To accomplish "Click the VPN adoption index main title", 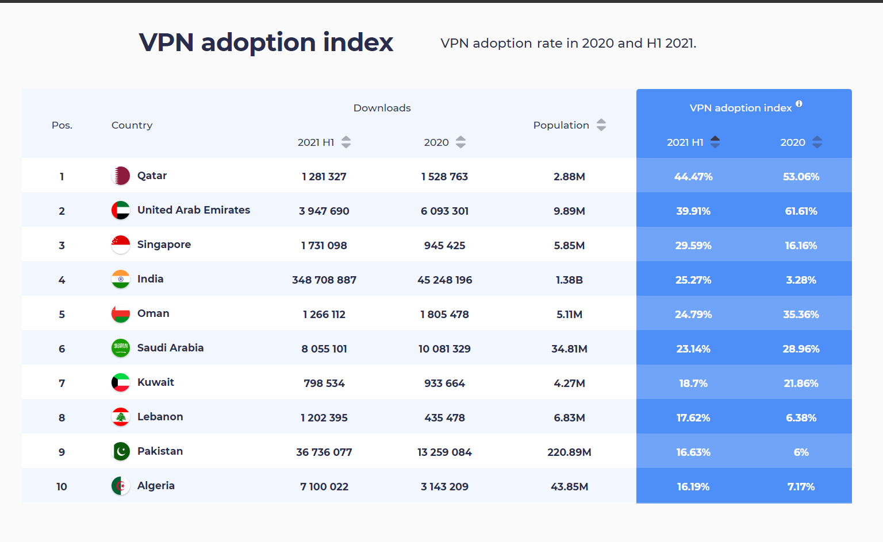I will [266, 42].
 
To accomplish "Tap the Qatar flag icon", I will [121, 176].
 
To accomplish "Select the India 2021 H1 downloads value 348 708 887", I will [324, 280].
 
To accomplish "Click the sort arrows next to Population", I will [601, 125].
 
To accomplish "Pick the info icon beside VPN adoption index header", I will [799, 104].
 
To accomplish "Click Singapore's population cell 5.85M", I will [569, 245].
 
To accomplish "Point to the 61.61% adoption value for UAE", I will [801, 211].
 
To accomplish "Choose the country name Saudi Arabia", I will [170, 348].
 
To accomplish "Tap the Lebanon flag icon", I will [121, 417].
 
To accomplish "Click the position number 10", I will [62, 486].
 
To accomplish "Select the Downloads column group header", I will [382, 108].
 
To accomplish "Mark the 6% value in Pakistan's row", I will [801, 452].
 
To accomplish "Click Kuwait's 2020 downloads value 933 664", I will [444, 383].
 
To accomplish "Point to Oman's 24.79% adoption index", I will [693, 314].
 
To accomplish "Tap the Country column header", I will [132, 125].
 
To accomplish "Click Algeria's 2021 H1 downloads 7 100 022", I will [324, 486].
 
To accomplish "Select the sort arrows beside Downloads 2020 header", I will [460, 142].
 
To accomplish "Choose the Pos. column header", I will [62, 125].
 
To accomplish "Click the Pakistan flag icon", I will [121, 451].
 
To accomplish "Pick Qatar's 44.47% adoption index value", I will [693, 176].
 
